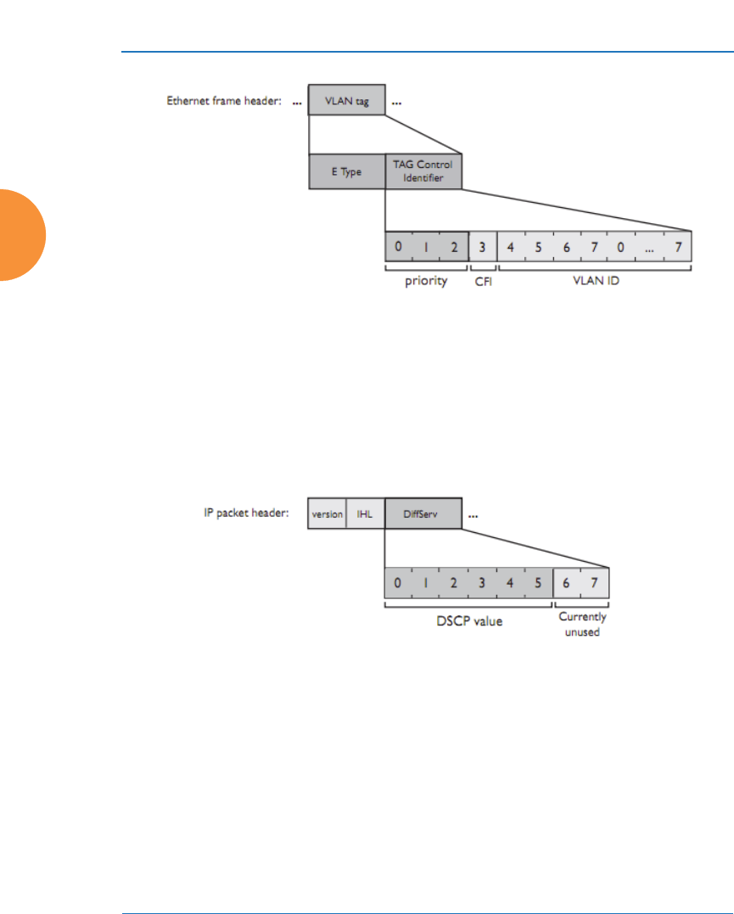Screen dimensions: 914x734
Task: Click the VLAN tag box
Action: click(x=346, y=100)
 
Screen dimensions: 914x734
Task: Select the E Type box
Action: click(x=346, y=171)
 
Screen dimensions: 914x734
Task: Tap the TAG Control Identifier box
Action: click(x=424, y=171)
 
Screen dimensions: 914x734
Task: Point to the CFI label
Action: click(x=483, y=281)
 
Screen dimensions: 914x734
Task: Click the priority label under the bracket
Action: click(x=425, y=281)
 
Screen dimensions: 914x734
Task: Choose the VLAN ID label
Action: click(x=595, y=281)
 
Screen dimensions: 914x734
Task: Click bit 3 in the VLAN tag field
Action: click(x=483, y=247)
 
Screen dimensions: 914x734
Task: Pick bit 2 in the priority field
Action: click(x=454, y=247)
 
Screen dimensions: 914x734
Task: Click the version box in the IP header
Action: click(x=328, y=514)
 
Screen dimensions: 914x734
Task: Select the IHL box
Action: click(x=365, y=514)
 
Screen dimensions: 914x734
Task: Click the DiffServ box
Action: click(x=423, y=514)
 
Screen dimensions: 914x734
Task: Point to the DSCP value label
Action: click(x=468, y=621)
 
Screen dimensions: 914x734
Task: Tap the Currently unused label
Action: click(x=582, y=625)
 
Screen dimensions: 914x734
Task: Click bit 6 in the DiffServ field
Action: click(x=566, y=583)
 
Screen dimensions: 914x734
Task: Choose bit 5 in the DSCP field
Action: click(x=537, y=583)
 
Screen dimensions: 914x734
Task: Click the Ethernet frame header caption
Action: click(x=223, y=100)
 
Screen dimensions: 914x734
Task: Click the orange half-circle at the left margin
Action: click(x=19, y=235)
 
